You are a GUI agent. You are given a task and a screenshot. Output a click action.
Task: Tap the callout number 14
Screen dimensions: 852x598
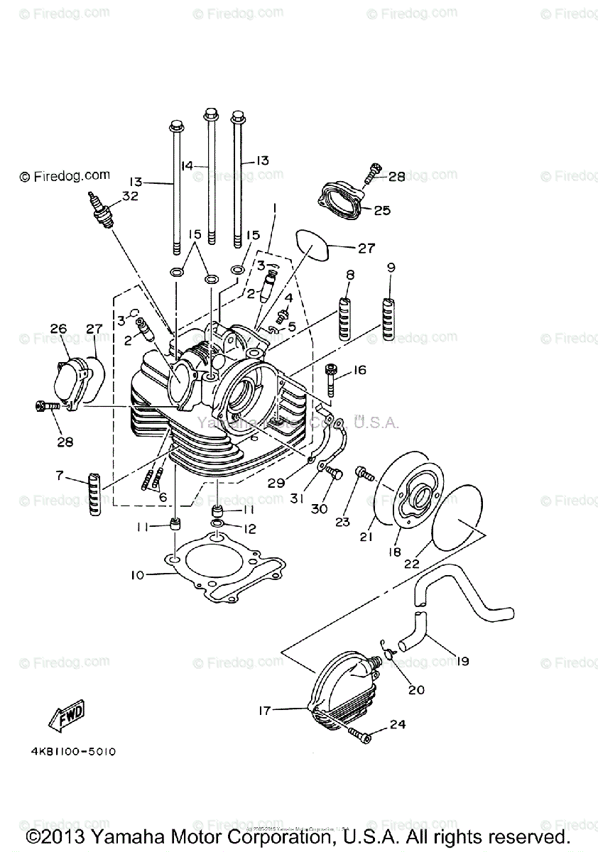pos(187,165)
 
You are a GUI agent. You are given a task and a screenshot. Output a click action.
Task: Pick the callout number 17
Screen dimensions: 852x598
pos(264,709)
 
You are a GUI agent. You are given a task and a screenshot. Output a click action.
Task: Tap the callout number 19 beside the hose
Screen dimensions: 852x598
pos(462,662)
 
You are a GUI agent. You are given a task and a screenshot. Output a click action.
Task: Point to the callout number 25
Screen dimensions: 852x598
pos(382,210)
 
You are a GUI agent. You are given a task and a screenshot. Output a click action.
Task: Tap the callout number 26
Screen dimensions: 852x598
pos(58,328)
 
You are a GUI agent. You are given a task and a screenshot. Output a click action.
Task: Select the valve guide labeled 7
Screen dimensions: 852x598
pos(95,493)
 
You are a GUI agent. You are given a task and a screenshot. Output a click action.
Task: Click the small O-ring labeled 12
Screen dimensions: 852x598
pos(218,525)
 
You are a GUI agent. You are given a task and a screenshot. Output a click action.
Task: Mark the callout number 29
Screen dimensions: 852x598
pos(276,483)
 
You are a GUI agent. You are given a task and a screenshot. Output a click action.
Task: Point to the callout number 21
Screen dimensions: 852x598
pos(366,537)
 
